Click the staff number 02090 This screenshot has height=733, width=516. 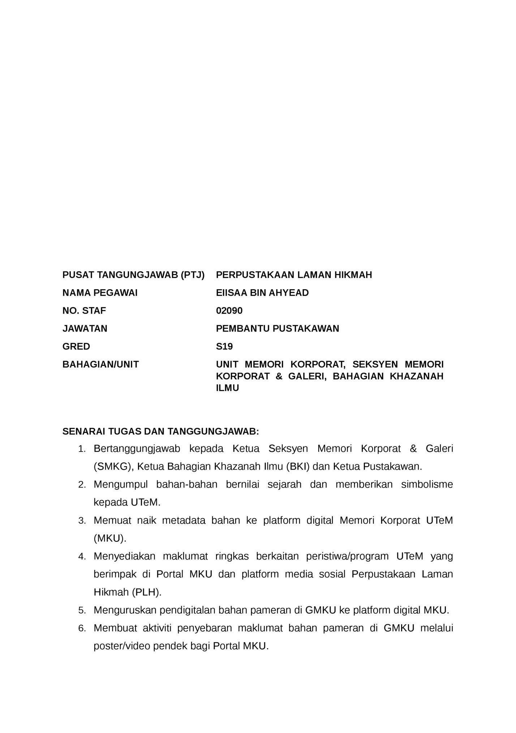point(229,310)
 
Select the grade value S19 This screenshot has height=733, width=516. point(224,346)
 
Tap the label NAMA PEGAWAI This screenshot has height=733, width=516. point(100,292)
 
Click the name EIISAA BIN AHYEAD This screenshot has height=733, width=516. point(262,292)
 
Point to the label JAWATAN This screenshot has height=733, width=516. point(85,328)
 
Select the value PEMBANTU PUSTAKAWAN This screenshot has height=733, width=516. point(278,328)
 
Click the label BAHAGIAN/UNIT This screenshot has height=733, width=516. point(100,364)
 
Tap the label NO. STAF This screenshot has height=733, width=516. point(84,310)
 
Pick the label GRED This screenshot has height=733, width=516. point(76,346)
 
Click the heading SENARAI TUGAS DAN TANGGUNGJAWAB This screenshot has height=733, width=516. point(161,431)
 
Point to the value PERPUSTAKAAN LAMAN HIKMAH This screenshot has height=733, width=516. point(294,275)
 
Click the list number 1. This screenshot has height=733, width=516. point(82,449)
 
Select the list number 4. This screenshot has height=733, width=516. point(82,557)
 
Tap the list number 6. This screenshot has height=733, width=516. point(82,629)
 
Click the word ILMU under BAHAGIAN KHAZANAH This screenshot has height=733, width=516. point(227,388)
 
